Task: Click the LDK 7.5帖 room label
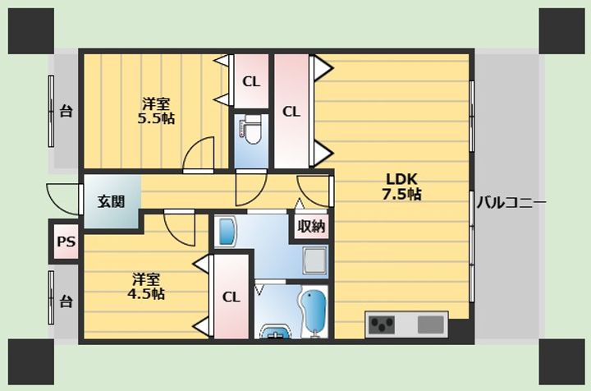click(x=402, y=187)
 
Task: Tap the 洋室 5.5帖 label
click(x=155, y=110)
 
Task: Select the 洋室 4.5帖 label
click(x=146, y=286)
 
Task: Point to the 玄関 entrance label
click(x=111, y=201)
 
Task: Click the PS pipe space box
click(x=65, y=242)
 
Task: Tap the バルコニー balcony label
click(x=511, y=202)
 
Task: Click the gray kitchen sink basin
click(x=430, y=324)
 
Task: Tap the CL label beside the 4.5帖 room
click(x=231, y=297)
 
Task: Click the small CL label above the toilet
click(x=250, y=81)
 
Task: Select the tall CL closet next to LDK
click(x=291, y=111)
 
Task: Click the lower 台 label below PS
click(x=66, y=301)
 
